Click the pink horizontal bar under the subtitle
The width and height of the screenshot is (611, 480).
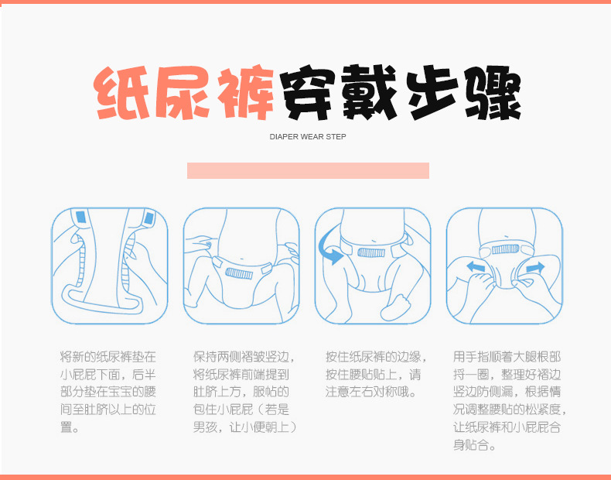click(308, 170)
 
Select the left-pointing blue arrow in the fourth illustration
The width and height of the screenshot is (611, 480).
click(476, 267)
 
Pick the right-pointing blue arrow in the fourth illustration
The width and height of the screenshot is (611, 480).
click(534, 267)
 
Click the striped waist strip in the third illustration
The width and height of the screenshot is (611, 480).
click(371, 252)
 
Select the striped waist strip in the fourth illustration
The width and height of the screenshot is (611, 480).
click(505, 248)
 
